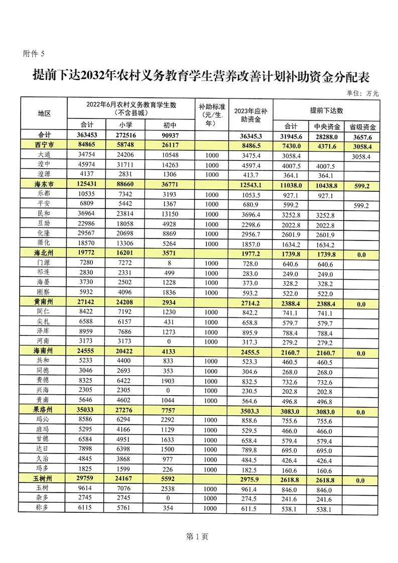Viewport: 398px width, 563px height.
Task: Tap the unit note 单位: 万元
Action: point(362,93)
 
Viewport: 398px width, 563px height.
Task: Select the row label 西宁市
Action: point(44,146)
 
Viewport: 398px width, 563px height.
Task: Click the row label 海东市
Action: point(44,184)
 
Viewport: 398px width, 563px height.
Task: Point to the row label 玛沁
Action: point(44,420)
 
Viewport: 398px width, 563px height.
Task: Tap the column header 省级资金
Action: point(362,127)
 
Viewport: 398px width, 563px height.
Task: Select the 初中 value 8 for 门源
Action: point(167,264)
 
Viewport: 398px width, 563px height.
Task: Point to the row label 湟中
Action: point(44,165)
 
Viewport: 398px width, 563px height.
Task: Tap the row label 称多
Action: point(44,508)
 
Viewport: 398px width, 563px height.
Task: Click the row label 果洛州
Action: point(44,410)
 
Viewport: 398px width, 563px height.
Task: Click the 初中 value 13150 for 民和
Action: point(167,214)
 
